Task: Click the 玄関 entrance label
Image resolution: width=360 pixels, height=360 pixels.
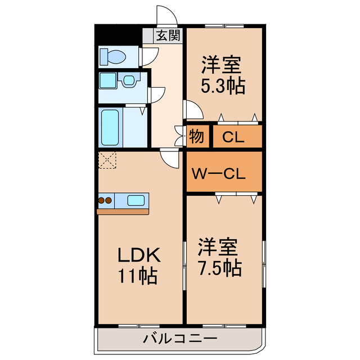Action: coord(168,36)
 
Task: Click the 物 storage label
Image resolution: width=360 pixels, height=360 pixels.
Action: coord(196,136)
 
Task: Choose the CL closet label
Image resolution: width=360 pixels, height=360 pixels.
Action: coord(233,137)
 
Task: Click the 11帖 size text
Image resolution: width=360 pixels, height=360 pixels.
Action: coord(137,276)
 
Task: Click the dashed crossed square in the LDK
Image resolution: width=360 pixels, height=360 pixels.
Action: coord(107,161)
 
